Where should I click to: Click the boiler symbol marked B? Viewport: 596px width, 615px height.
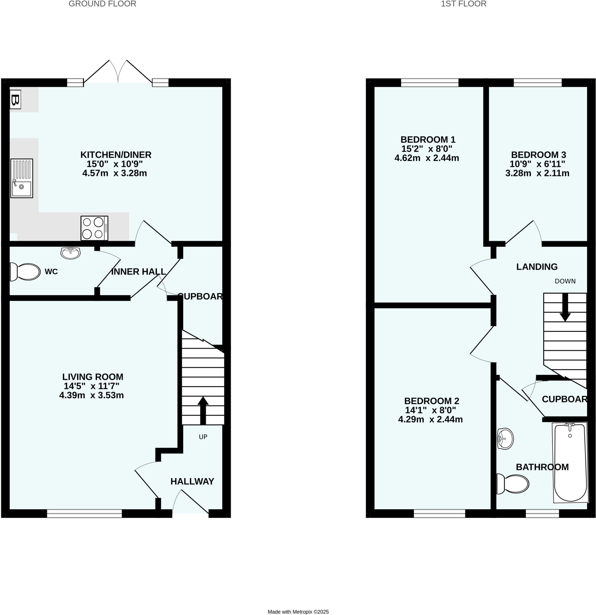click(15, 100)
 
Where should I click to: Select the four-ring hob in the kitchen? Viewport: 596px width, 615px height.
click(94, 228)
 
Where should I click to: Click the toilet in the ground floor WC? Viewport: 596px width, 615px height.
click(26, 271)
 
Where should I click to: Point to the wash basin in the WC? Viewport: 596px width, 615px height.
click(71, 253)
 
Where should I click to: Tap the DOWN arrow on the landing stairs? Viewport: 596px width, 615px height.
click(565, 307)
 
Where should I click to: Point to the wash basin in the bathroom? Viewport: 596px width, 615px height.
click(505, 438)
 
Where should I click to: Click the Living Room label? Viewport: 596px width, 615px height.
click(93, 377)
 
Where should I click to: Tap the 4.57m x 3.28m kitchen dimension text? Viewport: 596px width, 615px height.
click(115, 173)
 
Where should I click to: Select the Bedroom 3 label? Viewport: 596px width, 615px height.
click(539, 155)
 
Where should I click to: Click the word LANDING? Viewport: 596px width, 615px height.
click(537, 267)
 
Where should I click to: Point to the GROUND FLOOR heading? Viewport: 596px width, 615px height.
click(103, 4)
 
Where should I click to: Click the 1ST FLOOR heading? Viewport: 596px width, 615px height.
click(463, 4)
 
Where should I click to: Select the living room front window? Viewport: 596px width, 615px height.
click(84, 513)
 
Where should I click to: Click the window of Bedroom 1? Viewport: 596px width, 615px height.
click(429, 83)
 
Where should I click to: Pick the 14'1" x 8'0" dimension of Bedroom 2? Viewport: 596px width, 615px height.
click(430, 410)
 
